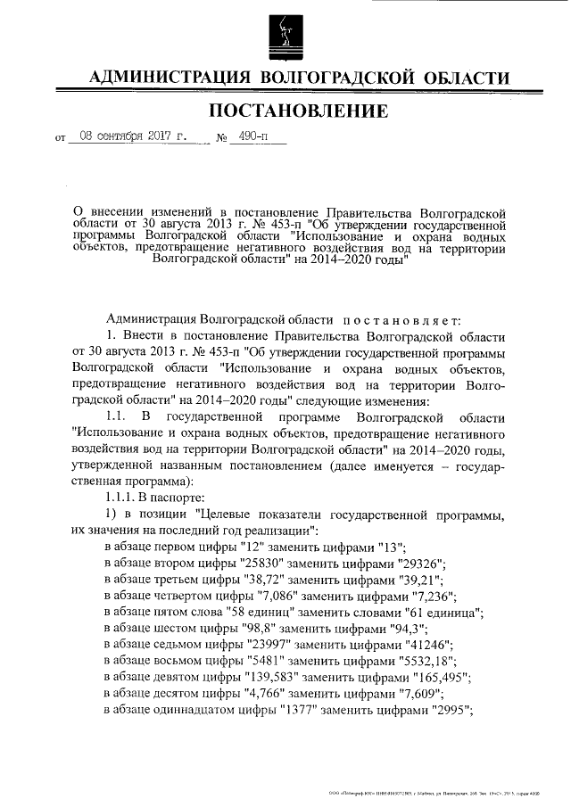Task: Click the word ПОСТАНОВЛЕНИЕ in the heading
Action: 298,111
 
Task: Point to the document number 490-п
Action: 242,138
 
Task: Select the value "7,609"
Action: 432,694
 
